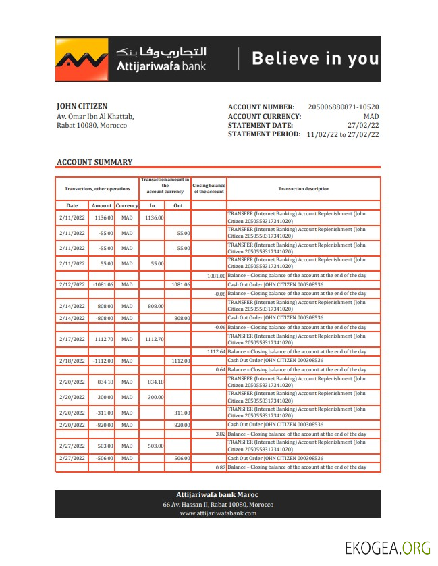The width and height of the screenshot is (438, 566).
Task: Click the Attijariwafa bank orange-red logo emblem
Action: tap(82, 59)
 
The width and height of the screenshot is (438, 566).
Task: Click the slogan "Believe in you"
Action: tap(314, 59)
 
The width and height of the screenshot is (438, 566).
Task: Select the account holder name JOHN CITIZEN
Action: tap(82, 106)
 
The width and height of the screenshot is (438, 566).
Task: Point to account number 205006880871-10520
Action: tap(343, 107)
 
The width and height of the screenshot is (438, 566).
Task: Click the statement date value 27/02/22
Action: tap(363, 125)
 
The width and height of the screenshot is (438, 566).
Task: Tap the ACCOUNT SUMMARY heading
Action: tap(94, 162)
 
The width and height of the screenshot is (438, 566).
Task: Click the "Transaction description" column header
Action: tap(304, 189)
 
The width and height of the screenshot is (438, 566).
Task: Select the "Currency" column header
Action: tap(126, 205)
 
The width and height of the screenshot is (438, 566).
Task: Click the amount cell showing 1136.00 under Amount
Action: tap(103, 217)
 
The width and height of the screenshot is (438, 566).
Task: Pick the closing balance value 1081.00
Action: tap(217, 276)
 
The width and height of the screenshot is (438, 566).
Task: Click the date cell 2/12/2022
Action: tap(72, 284)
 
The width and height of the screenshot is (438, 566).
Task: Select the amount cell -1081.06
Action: tap(103, 284)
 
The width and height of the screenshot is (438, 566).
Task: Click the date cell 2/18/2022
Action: tap(72, 361)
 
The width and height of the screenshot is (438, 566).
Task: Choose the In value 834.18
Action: tap(155, 382)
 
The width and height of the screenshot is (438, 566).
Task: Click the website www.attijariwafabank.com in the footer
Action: tap(218, 513)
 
